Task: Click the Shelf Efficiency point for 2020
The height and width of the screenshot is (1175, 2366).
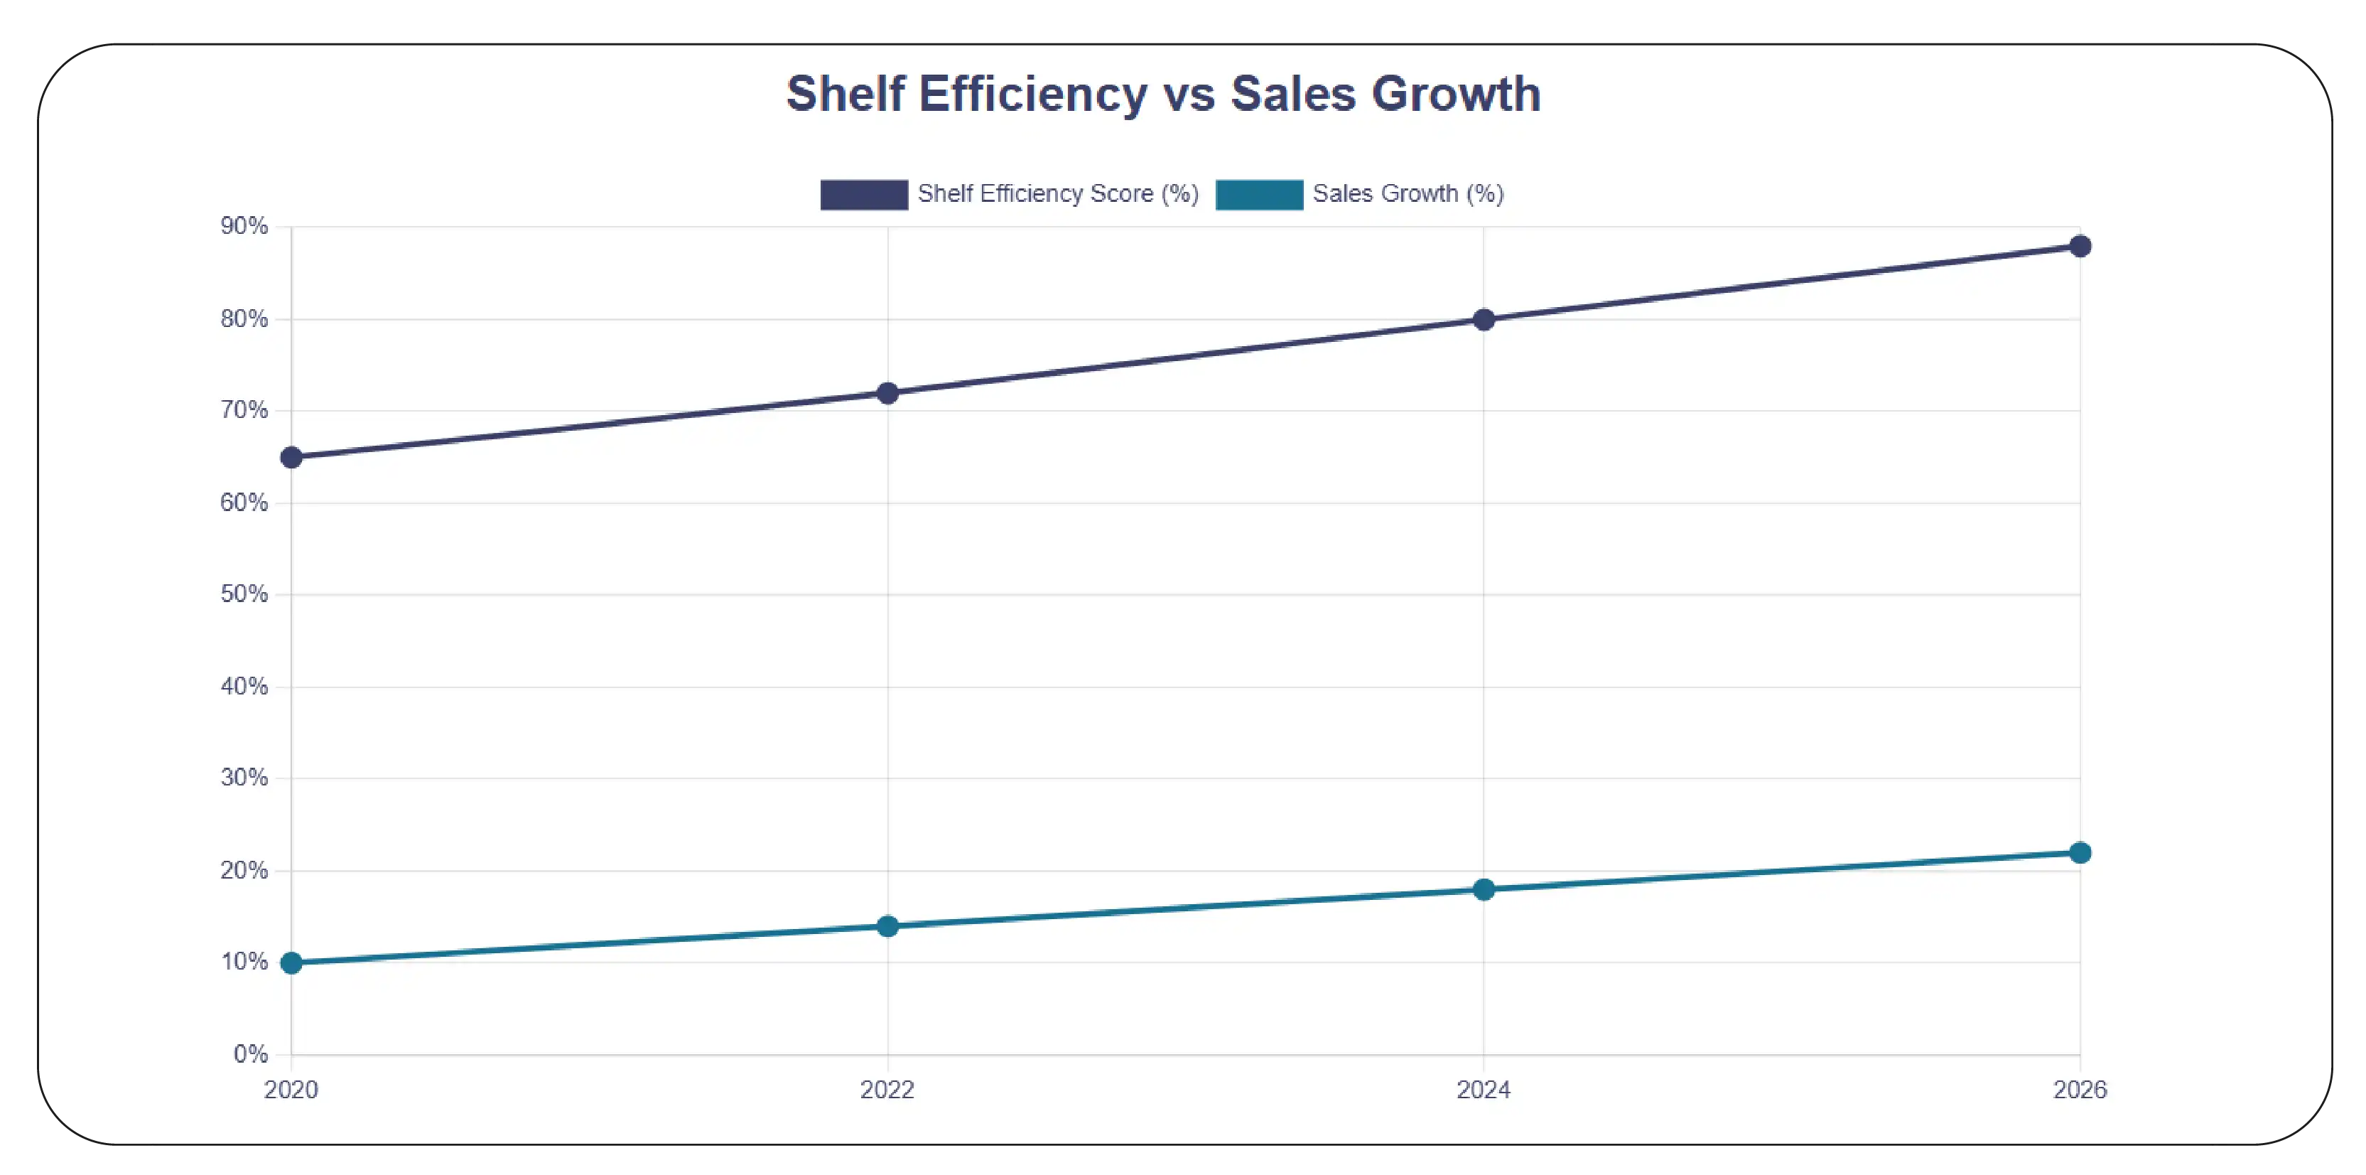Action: pos(291,458)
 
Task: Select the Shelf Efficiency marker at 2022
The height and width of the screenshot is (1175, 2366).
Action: pos(887,393)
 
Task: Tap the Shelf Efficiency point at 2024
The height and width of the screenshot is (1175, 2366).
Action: pos(1484,320)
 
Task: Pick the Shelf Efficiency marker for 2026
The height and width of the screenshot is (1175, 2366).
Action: pos(2080,246)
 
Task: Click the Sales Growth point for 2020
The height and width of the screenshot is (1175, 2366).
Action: pos(291,962)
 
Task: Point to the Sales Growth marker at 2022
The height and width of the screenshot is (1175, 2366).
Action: pos(887,926)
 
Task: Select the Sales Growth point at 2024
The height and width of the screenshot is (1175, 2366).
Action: pos(1484,889)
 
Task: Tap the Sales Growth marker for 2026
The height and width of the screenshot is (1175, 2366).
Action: pos(2080,852)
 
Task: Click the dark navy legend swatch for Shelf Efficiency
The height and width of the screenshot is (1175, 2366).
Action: pos(863,195)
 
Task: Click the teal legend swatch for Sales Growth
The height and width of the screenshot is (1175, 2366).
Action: pos(1258,195)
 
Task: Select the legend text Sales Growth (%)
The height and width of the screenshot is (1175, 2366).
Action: pos(1407,194)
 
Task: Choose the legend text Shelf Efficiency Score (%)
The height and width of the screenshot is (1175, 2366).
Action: pos(1057,194)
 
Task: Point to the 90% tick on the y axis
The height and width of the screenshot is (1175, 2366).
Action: pos(244,226)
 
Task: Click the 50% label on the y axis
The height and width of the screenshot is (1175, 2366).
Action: pos(244,594)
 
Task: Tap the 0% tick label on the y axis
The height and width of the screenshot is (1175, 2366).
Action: pos(250,1053)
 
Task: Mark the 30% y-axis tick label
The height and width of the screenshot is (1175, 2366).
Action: pos(244,778)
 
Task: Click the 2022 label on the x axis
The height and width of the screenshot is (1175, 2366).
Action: pos(887,1090)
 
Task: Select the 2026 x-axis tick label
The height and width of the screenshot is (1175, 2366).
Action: pos(2080,1090)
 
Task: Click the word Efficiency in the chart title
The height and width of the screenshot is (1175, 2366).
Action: pos(1032,95)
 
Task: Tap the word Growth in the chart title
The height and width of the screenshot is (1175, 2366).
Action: pos(1455,95)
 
